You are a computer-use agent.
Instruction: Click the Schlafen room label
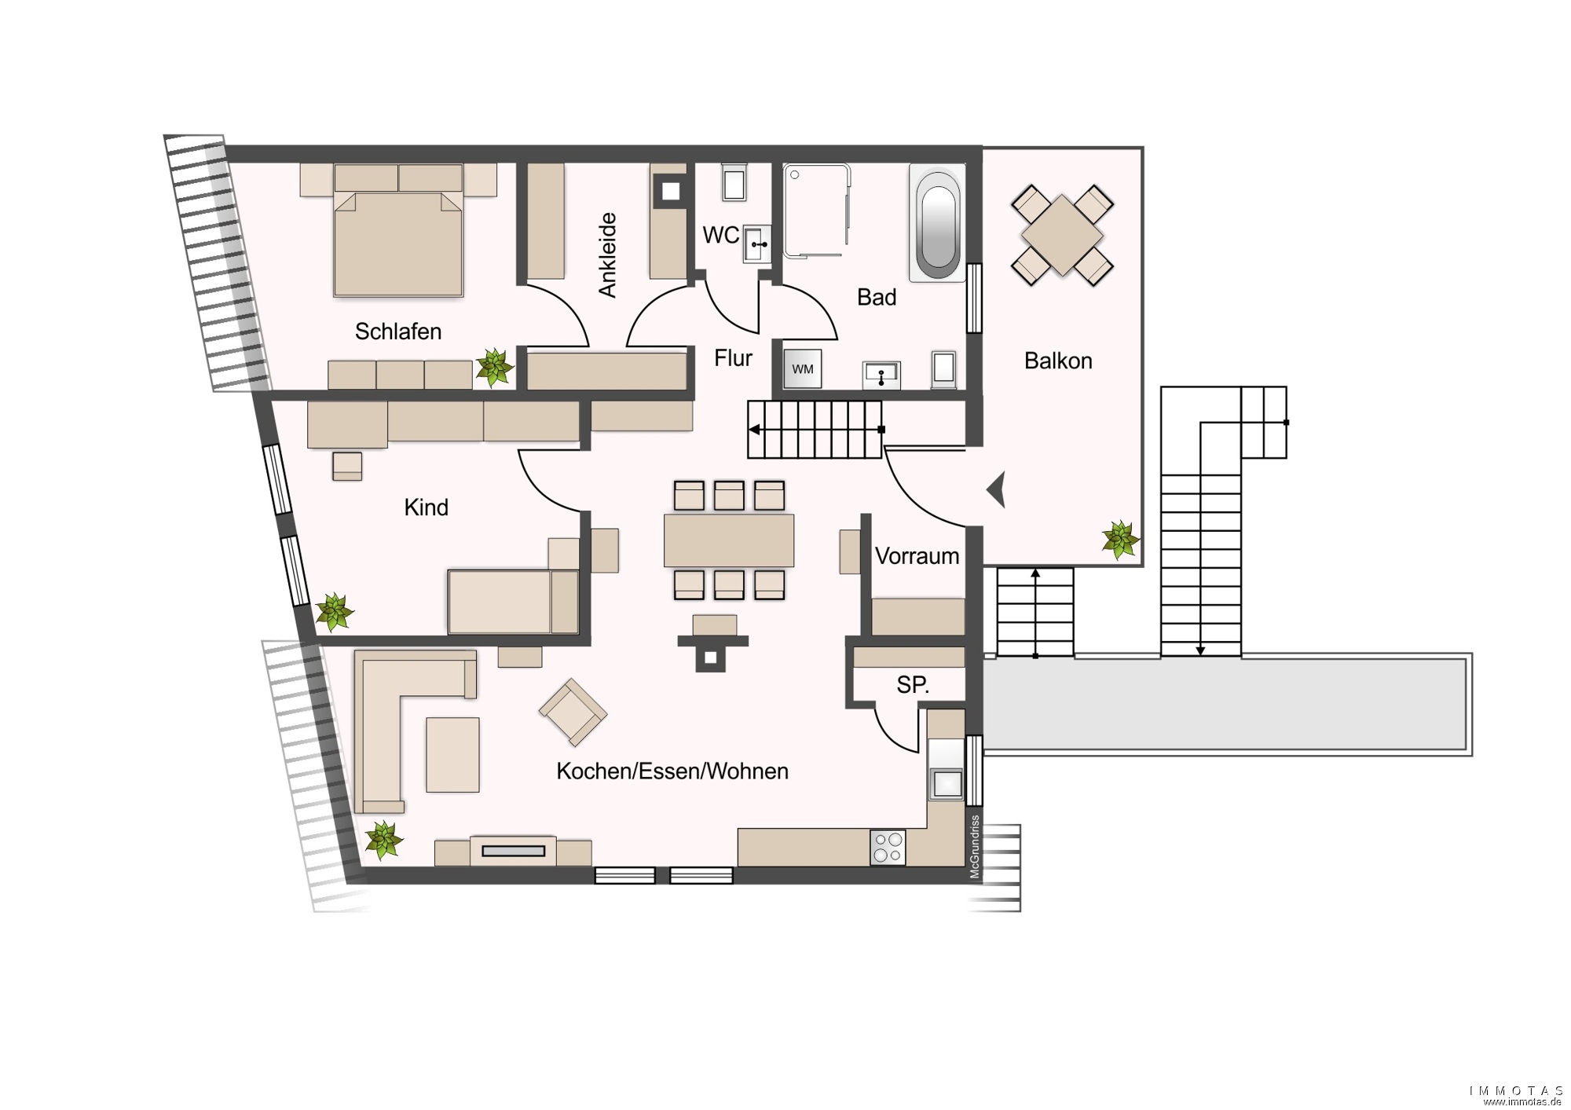coord(398,332)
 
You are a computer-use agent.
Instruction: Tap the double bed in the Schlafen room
coord(398,243)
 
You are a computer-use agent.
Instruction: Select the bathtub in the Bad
coord(937,222)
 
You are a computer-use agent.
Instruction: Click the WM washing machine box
coord(803,369)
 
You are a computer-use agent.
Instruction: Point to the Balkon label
coord(1058,361)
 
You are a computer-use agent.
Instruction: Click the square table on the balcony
coord(1062,235)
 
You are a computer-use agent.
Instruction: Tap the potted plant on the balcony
coord(1119,540)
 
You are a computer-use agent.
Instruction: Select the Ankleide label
coord(607,255)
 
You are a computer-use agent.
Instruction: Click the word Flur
coord(733,358)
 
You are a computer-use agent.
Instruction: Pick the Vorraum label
coord(917,556)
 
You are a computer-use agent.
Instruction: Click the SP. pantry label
coord(913,685)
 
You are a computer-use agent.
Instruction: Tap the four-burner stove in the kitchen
coord(888,848)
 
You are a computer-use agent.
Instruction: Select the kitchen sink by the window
coord(946,783)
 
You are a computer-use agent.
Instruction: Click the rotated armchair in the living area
coord(573,713)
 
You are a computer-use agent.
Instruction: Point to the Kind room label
coord(426,507)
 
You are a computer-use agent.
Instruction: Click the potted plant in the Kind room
coord(335,613)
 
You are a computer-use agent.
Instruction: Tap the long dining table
coord(729,540)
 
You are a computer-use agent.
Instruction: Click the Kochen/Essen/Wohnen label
coord(672,771)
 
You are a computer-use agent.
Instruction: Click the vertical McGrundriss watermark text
coord(975,846)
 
